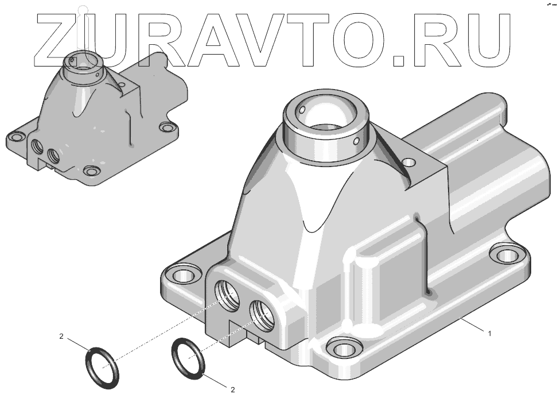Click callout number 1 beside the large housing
490,334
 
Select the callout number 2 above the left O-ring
61,336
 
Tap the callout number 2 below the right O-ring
233,390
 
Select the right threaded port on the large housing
263,315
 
